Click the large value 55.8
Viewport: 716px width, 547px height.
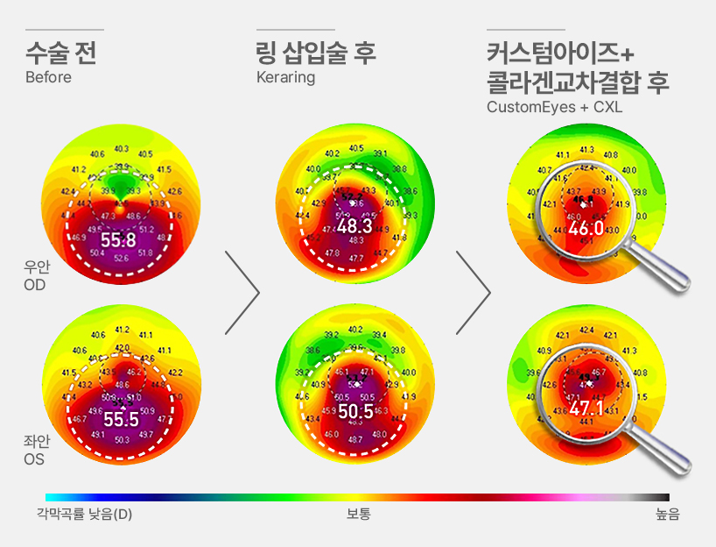point(118,239)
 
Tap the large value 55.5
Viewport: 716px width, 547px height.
point(121,419)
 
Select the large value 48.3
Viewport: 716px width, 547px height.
point(354,226)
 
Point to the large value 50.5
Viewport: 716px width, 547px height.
point(355,411)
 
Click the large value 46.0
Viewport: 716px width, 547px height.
point(586,229)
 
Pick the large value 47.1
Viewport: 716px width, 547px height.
point(586,408)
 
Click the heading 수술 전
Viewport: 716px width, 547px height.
point(60,53)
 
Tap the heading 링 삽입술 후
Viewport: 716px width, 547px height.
point(316,53)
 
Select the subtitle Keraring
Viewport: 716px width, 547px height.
point(285,77)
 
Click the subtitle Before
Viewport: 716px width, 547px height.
point(48,77)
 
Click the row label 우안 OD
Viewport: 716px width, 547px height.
point(36,277)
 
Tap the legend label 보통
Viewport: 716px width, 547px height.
point(358,515)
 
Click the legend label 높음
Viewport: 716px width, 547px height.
point(667,515)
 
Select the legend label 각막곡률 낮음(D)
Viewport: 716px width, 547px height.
point(84,515)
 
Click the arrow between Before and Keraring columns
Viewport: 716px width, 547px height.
point(242,293)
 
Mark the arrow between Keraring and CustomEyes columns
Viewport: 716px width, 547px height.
point(473,293)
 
